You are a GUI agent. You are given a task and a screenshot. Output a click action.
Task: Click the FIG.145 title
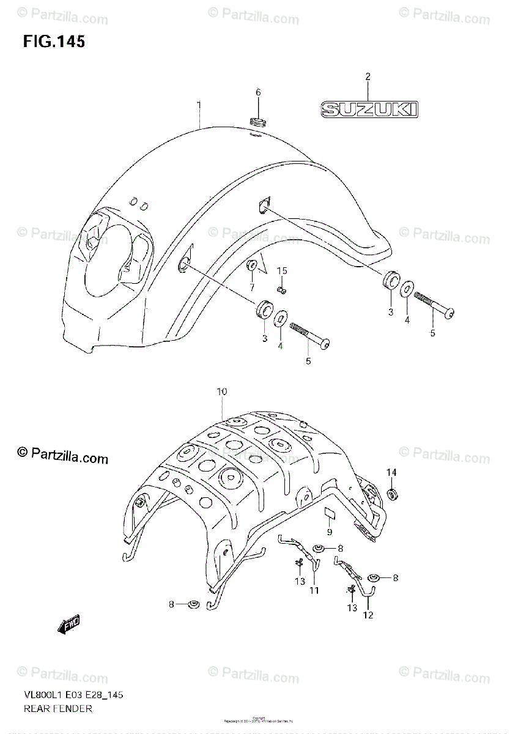click(54, 42)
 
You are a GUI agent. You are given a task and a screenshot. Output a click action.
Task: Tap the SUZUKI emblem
click(369, 109)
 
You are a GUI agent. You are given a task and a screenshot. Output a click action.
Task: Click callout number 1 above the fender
click(199, 105)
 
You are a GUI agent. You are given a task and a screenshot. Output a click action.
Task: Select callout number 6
click(258, 92)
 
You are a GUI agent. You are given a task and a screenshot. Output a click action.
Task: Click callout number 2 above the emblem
click(368, 76)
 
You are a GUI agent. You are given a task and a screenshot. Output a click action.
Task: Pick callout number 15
click(281, 270)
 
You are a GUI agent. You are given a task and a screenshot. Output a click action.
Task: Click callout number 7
click(251, 287)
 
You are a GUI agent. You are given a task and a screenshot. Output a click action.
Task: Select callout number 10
click(221, 391)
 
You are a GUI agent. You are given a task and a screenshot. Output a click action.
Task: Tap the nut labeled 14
click(391, 494)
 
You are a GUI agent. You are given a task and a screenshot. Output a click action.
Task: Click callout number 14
click(391, 472)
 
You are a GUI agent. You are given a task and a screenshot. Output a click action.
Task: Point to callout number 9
click(330, 532)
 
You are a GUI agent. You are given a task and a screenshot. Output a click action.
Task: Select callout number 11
click(314, 590)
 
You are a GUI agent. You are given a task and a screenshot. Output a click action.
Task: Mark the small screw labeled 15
click(281, 290)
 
